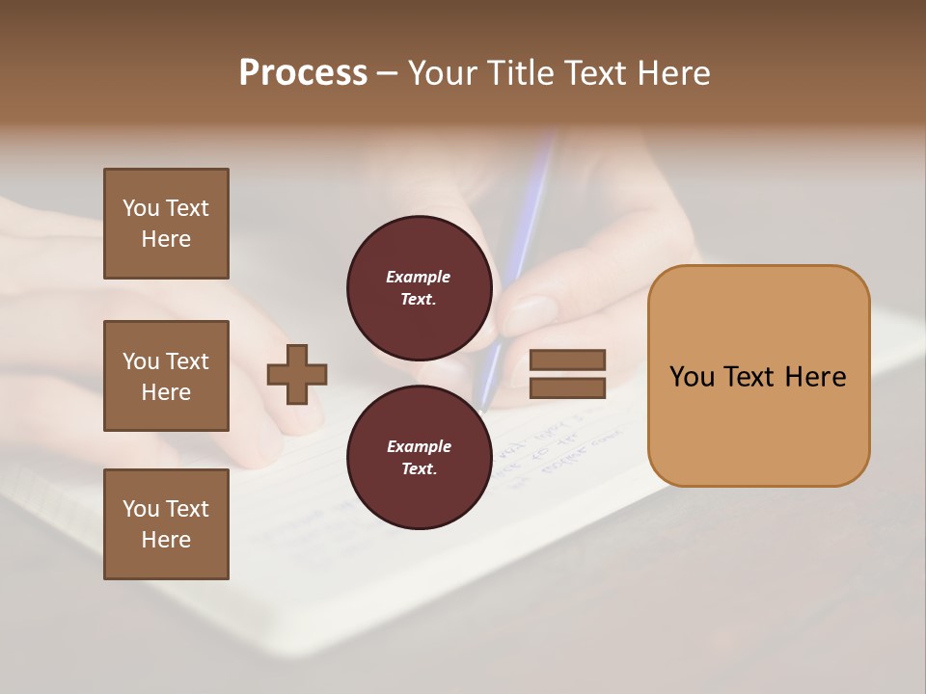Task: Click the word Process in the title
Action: [303, 73]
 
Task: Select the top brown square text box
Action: [166, 224]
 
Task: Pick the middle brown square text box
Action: [166, 376]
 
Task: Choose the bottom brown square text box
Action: [166, 524]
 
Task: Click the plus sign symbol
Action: [297, 374]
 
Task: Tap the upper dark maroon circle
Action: [420, 287]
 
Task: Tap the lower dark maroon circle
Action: [420, 457]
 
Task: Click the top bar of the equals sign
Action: [568, 360]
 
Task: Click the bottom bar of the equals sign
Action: [568, 387]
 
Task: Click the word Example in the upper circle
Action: [418, 277]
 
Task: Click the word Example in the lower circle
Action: [419, 446]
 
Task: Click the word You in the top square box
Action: [140, 208]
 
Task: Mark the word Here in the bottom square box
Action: [166, 540]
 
